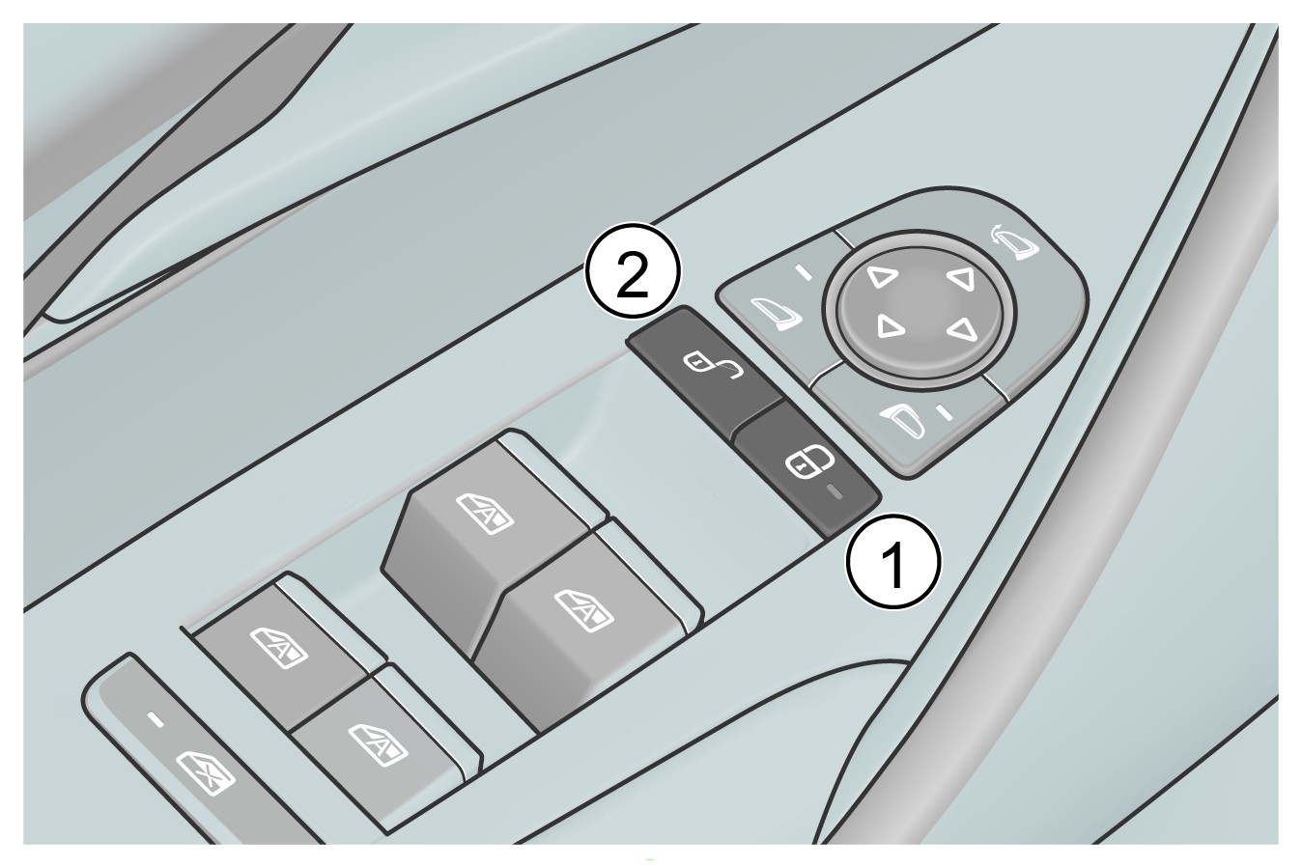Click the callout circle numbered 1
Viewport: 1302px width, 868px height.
click(892, 561)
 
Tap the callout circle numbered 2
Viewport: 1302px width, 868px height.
click(632, 270)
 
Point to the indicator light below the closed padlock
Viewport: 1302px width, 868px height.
click(836, 492)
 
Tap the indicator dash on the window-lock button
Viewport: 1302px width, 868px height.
click(156, 720)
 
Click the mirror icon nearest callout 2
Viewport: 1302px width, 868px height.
click(776, 315)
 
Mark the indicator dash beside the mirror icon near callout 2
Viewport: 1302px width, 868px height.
click(805, 272)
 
